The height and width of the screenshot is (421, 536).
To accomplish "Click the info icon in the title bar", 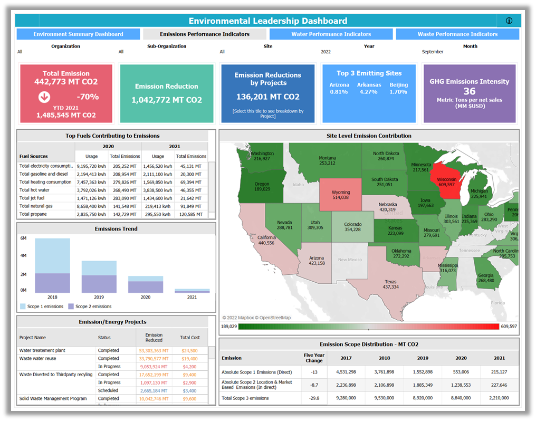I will tap(509, 21).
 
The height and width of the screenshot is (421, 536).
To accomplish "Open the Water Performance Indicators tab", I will tap(331, 34).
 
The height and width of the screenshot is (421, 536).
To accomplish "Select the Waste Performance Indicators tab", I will tap(457, 34).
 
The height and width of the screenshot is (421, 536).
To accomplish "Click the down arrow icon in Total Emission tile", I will tap(44, 97).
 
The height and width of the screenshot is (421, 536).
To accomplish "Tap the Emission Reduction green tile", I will tap(167, 93).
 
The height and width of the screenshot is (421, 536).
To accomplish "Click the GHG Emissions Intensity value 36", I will tap(469, 91).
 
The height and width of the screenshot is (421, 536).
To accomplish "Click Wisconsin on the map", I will tap(446, 181).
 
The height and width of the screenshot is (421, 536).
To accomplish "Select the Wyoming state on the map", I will tap(340, 195).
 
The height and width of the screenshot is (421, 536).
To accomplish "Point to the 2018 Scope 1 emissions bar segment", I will tap(52, 256).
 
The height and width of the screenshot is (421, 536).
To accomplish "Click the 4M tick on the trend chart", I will tap(24, 256).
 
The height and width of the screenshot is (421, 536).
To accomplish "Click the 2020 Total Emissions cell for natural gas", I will tap(125, 206).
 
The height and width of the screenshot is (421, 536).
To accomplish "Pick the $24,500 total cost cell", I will tap(189, 350).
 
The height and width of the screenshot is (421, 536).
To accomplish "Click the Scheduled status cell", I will tap(109, 390).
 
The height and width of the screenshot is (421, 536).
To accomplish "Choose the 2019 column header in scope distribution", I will tap(423, 358).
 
